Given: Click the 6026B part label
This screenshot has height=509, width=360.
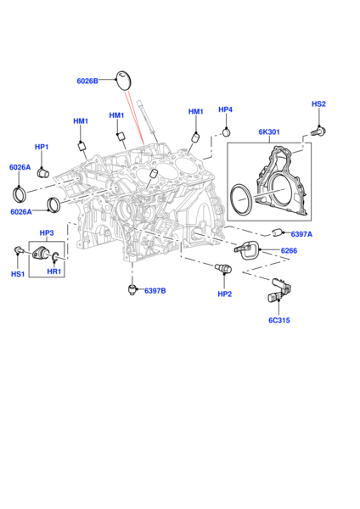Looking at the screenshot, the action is pyautogui.click(x=87, y=81).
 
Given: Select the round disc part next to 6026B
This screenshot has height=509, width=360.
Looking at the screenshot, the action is pyautogui.click(x=123, y=80).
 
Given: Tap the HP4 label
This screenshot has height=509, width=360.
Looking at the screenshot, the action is pyautogui.click(x=225, y=109).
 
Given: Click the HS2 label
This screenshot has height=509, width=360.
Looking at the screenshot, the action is pyautogui.click(x=318, y=103).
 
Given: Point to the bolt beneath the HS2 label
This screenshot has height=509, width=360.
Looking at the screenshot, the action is pyautogui.click(x=318, y=131).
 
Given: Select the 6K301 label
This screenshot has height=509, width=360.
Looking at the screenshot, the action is pyautogui.click(x=269, y=131).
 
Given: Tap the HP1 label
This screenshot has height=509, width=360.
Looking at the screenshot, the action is pyautogui.click(x=42, y=147).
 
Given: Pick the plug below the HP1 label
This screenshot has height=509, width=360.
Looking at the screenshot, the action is pyautogui.click(x=42, y=172).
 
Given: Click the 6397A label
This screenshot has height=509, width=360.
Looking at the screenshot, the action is pyautogui.click(x=301, y=234).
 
